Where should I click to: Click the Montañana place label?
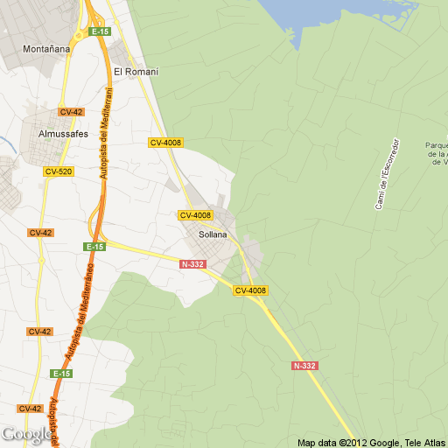[x=46, y=49]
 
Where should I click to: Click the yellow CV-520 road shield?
[x=59, y=171]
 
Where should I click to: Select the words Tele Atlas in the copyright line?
[x=425, y=442]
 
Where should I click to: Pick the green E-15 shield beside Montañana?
[x=98, y=31]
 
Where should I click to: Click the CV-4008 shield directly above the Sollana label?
[x=196, y=215]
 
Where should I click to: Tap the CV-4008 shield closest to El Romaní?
[x=165, y=143]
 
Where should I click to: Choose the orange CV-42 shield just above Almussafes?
[x=71, y=112]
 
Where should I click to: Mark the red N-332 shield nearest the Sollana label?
[x=192, y=264]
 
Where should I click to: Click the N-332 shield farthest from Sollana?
[x=305, y=366]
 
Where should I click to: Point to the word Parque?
[x=437, y=145]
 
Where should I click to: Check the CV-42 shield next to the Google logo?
[x=30, y=409]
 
